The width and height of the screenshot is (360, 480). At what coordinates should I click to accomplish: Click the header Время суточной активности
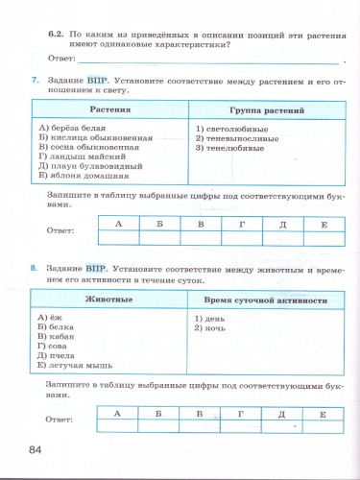pyautogui.click(x=260, y=300)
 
